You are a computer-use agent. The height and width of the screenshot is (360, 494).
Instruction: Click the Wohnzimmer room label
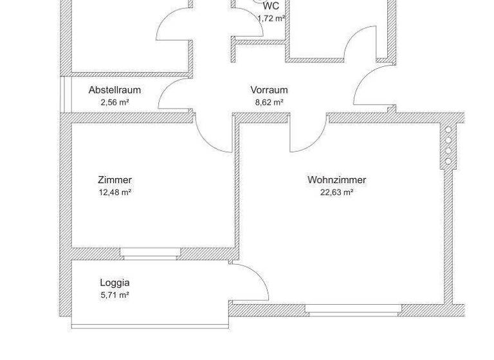pyautogui.click(x=336, y=180)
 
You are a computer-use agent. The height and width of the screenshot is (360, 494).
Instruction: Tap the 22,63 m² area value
pyautogui.click(x=336, y=192)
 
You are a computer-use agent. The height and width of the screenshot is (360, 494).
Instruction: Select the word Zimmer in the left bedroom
pyautogui.click(x=114, y=180)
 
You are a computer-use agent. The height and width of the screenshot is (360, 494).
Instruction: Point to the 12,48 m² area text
pyautogui.click(x=114, y=192)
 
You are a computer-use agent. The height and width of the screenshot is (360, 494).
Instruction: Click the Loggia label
pyautogui.click(x=114, y=282)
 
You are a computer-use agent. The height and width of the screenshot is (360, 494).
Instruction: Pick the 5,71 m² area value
pyautogui.click(x=114, y=294)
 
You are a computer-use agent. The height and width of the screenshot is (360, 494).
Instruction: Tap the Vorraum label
pyautogui.click(x=269, y=90)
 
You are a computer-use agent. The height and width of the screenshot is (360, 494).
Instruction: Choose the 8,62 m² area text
pyautogui.click(x=269, y=102)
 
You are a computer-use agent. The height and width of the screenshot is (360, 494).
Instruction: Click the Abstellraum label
pyautogui.click(x=114, y=90)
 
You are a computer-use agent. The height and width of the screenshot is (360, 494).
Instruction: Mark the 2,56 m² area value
pyautogui.click(x=114, y=102)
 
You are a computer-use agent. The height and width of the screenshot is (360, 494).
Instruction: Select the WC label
pyautogui.click(x=271, y=6)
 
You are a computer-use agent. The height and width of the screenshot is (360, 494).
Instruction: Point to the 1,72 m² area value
pyautogui.click(x=271, y=18)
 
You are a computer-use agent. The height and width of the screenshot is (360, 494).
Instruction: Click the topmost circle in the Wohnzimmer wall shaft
pyautogui.click(x=448, y=130)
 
